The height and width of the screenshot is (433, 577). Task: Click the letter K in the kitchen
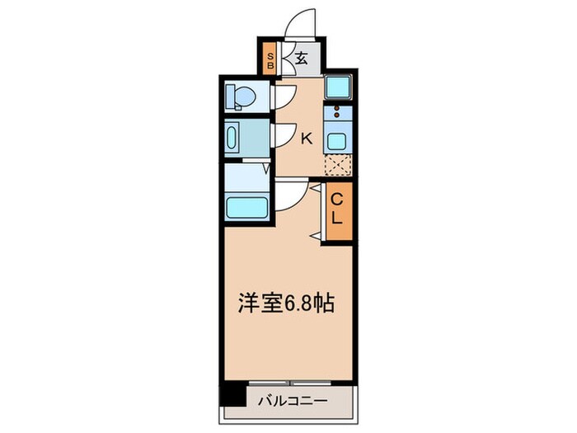tap(306, 139)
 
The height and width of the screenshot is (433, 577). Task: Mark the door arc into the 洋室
tap(288, 195)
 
